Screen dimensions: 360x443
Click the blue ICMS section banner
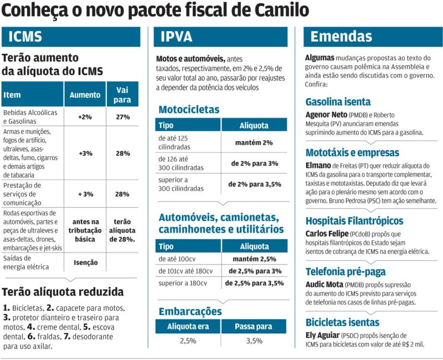click(71, 38)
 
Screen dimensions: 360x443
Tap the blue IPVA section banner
click(220, 38)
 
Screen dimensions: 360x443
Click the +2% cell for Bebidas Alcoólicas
click(85, 117)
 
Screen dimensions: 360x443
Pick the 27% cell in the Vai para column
click(123, 117)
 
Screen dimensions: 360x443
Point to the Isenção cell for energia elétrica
click(85, 263)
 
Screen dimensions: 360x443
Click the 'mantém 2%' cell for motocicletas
click(254, 143)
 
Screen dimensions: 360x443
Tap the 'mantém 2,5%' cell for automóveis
click(254, 259)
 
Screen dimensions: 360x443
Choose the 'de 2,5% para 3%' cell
click(254, 271)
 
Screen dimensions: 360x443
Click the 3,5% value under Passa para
click(254, 341)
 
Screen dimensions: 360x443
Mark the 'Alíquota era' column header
click(188, 326)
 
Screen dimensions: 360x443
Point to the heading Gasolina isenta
click(338, 102)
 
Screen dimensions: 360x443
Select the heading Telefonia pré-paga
click(346, 271)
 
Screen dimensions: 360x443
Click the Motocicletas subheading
click(189, 109)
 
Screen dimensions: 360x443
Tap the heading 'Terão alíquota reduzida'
click(63, 292)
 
